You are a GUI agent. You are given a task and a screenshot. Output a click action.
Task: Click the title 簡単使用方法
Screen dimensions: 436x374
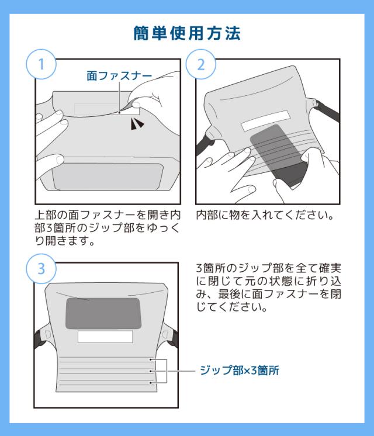187,34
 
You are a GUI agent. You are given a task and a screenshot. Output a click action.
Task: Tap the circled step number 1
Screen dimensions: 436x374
41,64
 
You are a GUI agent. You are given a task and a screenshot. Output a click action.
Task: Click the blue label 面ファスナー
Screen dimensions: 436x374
119,76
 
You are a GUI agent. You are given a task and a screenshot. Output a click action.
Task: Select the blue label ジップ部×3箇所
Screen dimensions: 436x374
239,371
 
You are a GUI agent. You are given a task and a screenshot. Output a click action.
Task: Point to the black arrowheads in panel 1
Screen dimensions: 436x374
136,123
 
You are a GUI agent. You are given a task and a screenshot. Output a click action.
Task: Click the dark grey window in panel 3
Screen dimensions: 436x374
103,313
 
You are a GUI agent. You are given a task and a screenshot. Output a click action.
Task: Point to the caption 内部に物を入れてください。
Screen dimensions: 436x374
264,215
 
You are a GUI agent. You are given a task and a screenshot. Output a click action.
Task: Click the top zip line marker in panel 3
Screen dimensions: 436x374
151,360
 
